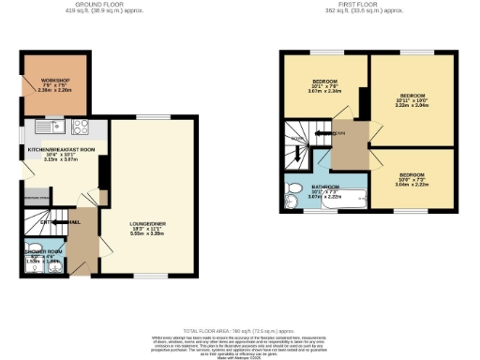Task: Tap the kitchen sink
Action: coord(44,127)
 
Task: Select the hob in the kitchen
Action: coord(79,128)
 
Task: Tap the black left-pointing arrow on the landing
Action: coord(323,135)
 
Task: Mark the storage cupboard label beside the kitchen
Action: coord(37,199)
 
